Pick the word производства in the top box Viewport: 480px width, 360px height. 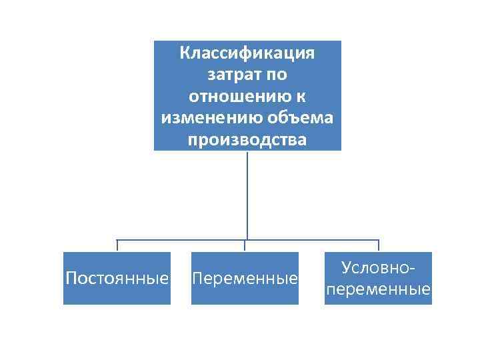coord(247,141)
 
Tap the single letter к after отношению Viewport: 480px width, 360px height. coord(301,97)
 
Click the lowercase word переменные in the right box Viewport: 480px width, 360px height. coord(378,289)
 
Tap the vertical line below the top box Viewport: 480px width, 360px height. coord(247,193)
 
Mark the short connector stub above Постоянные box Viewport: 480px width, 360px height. coord(117,245)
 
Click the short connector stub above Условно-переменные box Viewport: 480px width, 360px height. coord(378,245)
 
